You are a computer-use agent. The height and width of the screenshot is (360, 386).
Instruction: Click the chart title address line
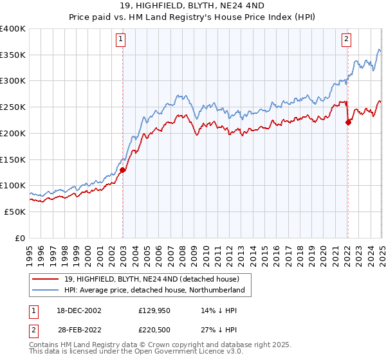click(x=192, y=6)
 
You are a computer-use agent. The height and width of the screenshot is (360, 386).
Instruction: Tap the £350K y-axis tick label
click(x=13, y=55)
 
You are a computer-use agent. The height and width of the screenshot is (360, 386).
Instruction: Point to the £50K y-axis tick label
click(x=15, y=212)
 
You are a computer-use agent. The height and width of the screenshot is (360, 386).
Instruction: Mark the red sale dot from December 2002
click(x=122, y=170)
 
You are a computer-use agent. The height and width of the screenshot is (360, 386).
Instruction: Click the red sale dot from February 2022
click(x=348, y=122)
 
